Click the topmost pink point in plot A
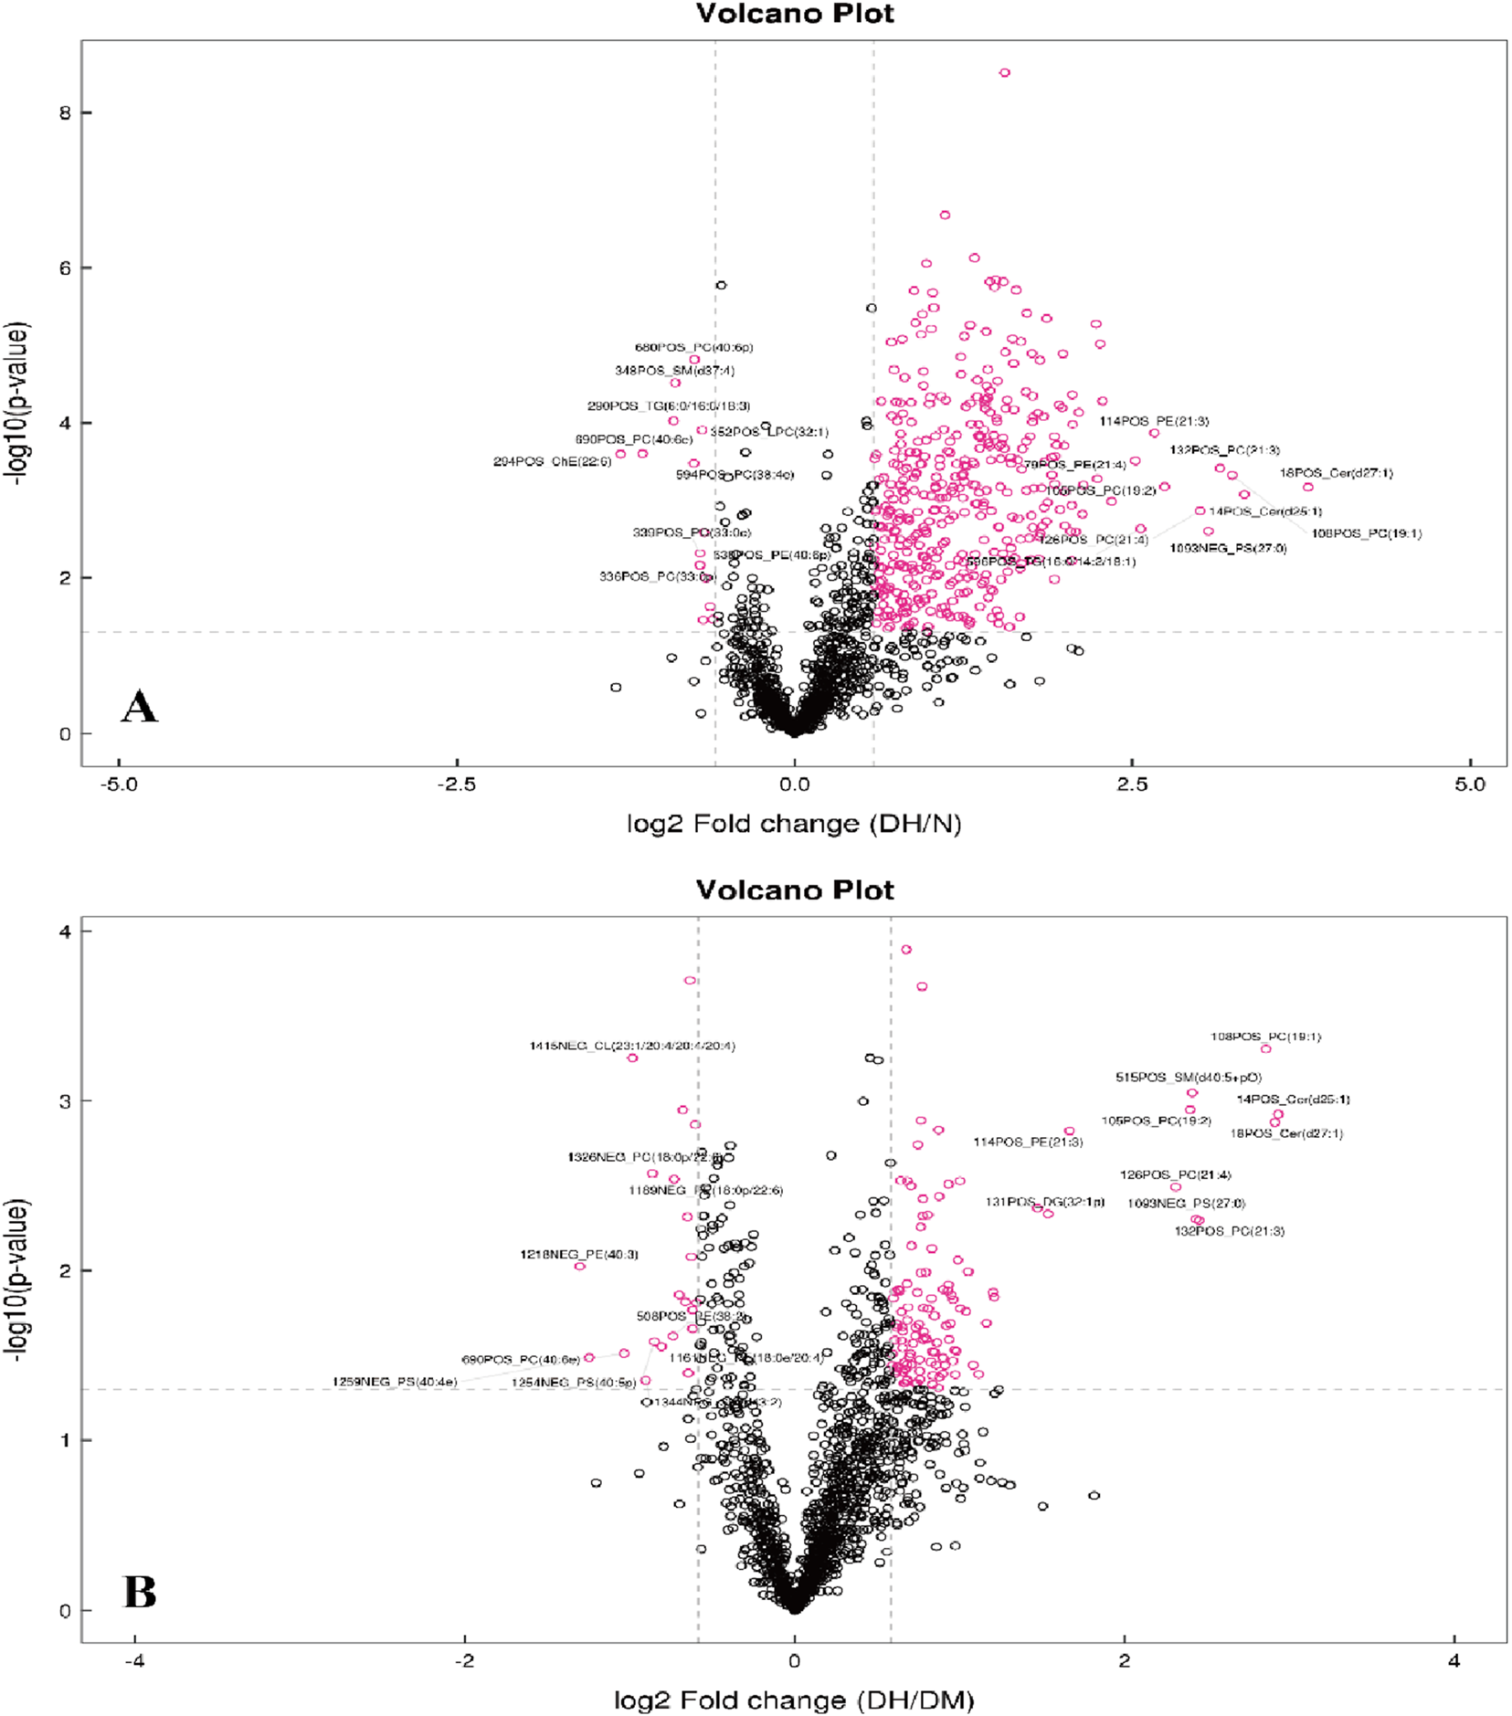coord(1004,72)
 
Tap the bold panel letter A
coord(139,707)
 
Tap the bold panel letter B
coord(139,1592)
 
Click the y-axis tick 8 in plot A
coord(63,112)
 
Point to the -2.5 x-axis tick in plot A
coord(456,784)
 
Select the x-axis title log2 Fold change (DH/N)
coord(793,824)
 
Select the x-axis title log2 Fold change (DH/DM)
coord(793,1700)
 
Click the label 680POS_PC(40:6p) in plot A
coord(693,347)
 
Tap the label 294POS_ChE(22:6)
coord(552,461)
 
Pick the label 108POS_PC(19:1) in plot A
coord(1366,533)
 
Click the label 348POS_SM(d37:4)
coord(674,370)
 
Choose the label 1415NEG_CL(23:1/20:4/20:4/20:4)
coord(632,1046)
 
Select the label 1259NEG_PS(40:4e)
coord(395,1382)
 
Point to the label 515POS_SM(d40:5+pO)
coord(1188,1077)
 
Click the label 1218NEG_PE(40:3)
coord(579,1254)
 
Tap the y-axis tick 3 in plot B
coord(63,1100)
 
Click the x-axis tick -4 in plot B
coord(134,1660)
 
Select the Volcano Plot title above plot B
coord(794,890)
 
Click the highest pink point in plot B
coord(905,949)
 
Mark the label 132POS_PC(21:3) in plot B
coord(1229,1231)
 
